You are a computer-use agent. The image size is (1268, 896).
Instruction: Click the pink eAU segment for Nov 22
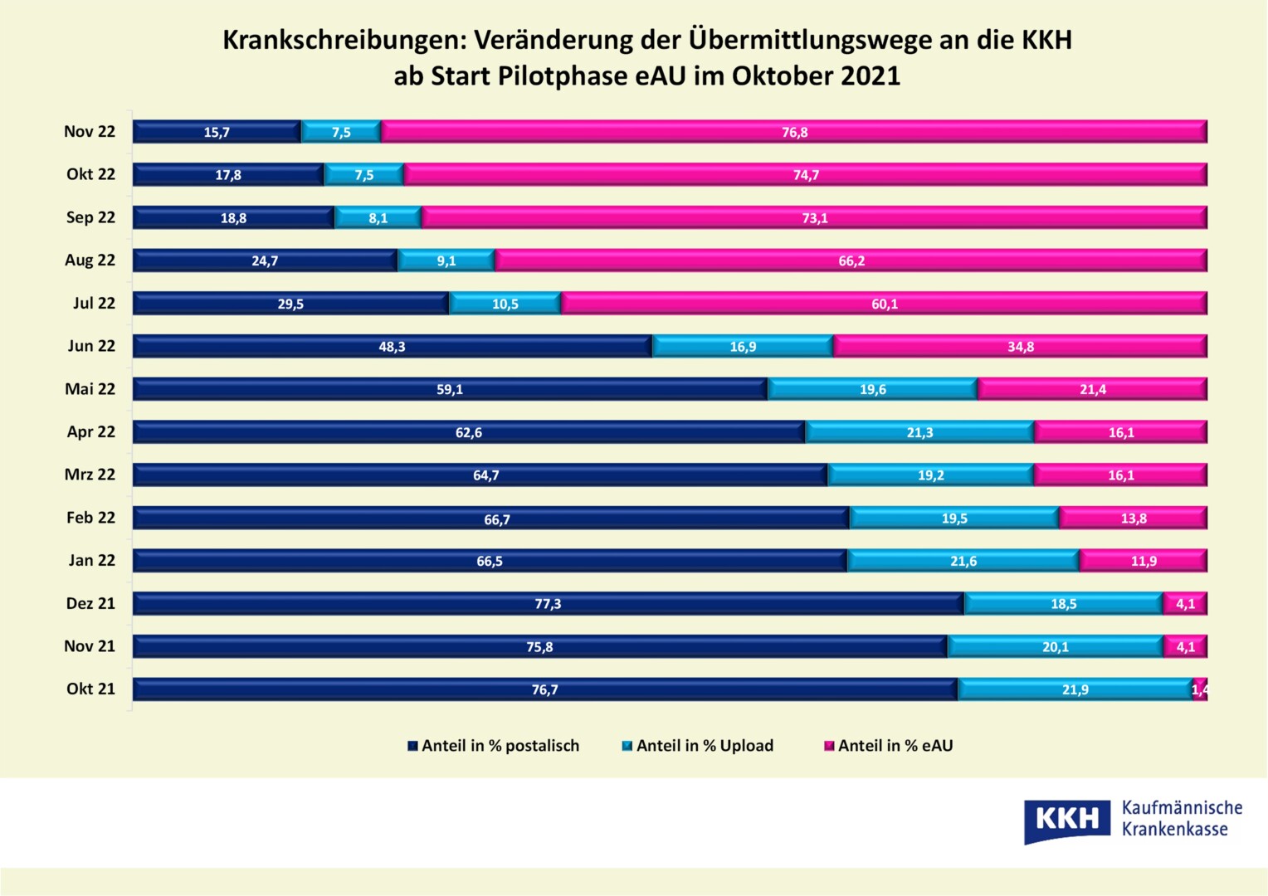pos(793,132)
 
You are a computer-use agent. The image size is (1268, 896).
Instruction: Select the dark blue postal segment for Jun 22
pos(392,347)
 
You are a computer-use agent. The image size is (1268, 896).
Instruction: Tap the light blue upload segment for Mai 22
pos(872,389)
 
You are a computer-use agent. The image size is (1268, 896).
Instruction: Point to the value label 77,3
pos(548,604)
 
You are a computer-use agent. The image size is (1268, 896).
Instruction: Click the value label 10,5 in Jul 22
pos(505,304)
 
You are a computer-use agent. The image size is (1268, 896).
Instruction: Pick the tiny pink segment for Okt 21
pos(1200,689)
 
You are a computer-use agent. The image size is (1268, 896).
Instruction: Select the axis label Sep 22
pos(90,217)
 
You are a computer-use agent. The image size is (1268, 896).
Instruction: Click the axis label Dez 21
pos(90,604)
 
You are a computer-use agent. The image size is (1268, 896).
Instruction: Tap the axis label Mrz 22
pos(90,475)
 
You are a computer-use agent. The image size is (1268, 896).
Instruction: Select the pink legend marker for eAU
pos(828,747)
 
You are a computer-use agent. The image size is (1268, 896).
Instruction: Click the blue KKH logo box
pos(1066,820)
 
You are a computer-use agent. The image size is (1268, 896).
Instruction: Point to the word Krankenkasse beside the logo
pos(1174,830)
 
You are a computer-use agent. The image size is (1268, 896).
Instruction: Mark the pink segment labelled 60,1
pos(884,304)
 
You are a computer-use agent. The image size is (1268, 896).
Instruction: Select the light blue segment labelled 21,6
pos(963,562)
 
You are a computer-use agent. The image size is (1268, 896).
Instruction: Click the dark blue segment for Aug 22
pos(265,261)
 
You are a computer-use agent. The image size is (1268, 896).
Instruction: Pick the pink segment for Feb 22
pos(1133,519)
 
